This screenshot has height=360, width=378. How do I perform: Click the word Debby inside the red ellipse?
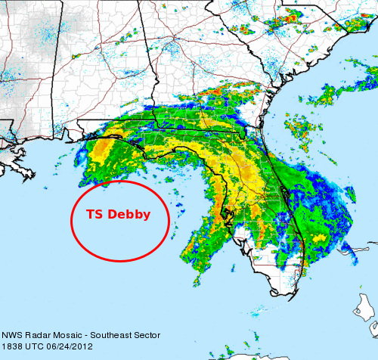[129, 214]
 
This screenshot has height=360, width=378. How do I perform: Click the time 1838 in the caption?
[13, 346]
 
